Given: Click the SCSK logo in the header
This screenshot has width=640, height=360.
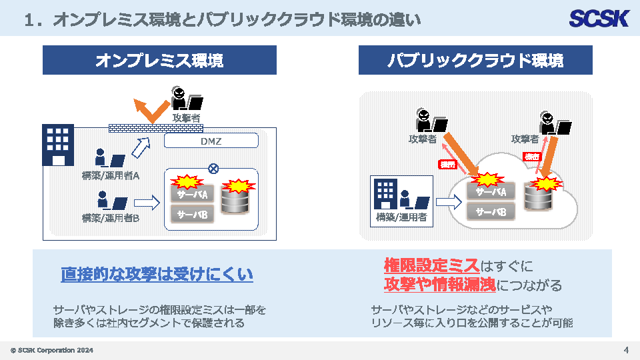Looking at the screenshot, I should click(x=599, y=18).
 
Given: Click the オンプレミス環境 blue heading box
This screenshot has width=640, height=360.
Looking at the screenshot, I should click(x=159, y=60).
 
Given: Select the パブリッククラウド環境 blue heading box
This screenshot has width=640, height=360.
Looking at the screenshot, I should click(x=475, y=60).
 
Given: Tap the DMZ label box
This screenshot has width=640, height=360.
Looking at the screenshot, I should click(x=211, y=141).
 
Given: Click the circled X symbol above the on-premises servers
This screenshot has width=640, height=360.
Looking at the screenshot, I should click(x=213, y=168).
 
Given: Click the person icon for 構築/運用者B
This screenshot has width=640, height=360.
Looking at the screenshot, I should click(x=103, y=200).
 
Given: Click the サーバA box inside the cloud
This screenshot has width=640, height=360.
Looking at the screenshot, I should click(x=491, y=192).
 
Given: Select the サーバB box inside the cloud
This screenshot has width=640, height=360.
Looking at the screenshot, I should click(x=491, y=212).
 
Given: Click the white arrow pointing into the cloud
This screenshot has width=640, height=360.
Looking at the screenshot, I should click(x=449, y=200).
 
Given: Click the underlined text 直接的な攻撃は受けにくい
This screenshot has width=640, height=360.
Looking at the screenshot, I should click(x=157, y=274).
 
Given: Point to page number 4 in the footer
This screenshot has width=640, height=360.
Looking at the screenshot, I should click(x=626, y=350).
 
